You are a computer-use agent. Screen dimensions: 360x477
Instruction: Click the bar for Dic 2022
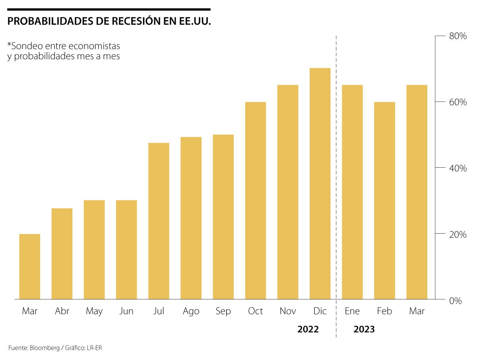pyautogui.click(x=320, y=184)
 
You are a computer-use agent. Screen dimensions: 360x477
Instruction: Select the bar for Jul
pyautogui.click(x=159, y=221)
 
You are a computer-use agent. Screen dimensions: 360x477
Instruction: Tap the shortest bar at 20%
pyautogui.click(x=30, y=267)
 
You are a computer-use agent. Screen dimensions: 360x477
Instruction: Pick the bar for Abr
pyautogui.click(x=62, y=254)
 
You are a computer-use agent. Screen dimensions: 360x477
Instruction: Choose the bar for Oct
pyautogui.click(x=256, y=201)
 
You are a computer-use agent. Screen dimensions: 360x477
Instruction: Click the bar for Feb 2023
pyautogui.click(x=384, y=201)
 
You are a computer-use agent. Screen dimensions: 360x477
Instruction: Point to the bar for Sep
pyautogui.click(x=223, y=217)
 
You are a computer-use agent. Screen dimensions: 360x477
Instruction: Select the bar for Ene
pyautogui.click(x=352, y=192)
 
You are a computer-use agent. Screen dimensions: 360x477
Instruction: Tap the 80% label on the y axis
pyautogui.click(x=458, y=36)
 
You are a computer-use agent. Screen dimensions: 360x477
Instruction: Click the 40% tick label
pyautogui.click(x=458, y=168)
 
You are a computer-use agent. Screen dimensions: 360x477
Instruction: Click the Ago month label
pyautogui.click(x=191, y=311)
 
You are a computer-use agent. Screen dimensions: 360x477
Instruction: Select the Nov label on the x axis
pyautogui.click(x=288, y=311)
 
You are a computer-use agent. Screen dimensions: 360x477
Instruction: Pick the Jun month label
pyautogui.click(x=126, y=311)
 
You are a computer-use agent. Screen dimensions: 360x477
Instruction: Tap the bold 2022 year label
pyautogui.click(x=308, y=329)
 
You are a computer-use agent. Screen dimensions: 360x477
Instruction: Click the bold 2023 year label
pyautogui.click(x=364, y=329)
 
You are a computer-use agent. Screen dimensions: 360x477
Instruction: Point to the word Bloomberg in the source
pyautogui.click(x=43, y=348)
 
